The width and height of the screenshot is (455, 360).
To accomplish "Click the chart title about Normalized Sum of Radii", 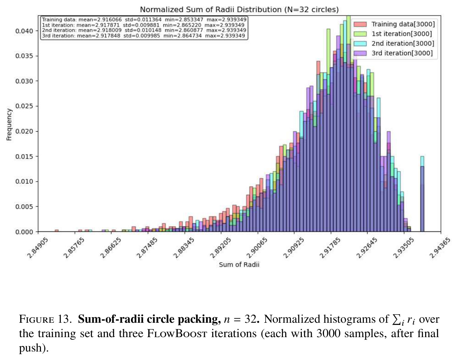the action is [239, 10].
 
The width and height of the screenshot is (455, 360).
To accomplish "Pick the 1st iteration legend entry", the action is [393, 34].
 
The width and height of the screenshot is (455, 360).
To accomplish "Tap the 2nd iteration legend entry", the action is [394, 43].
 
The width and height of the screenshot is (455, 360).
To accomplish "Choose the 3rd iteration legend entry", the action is [393, 53].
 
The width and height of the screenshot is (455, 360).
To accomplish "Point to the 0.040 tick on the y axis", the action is [24, 31].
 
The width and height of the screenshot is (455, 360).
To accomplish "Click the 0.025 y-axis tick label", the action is [24, 106].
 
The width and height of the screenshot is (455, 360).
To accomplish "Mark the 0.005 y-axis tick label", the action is [24, 207].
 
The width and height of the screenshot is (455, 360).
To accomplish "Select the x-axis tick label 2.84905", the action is [38, 248].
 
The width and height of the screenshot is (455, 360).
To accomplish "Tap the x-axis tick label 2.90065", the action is [257, 248].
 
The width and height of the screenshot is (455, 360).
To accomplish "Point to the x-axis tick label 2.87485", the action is [147, 248].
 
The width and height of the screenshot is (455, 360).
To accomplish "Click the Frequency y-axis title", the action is [9, 125].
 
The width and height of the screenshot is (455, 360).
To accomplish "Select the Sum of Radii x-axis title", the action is [239, 265].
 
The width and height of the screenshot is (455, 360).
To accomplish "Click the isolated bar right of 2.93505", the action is [422, 199].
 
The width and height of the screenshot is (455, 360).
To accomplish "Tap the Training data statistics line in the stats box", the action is [144, 20].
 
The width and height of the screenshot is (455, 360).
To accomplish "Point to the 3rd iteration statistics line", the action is [144, 35].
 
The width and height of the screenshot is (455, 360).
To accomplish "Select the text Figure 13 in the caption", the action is [44, 319].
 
